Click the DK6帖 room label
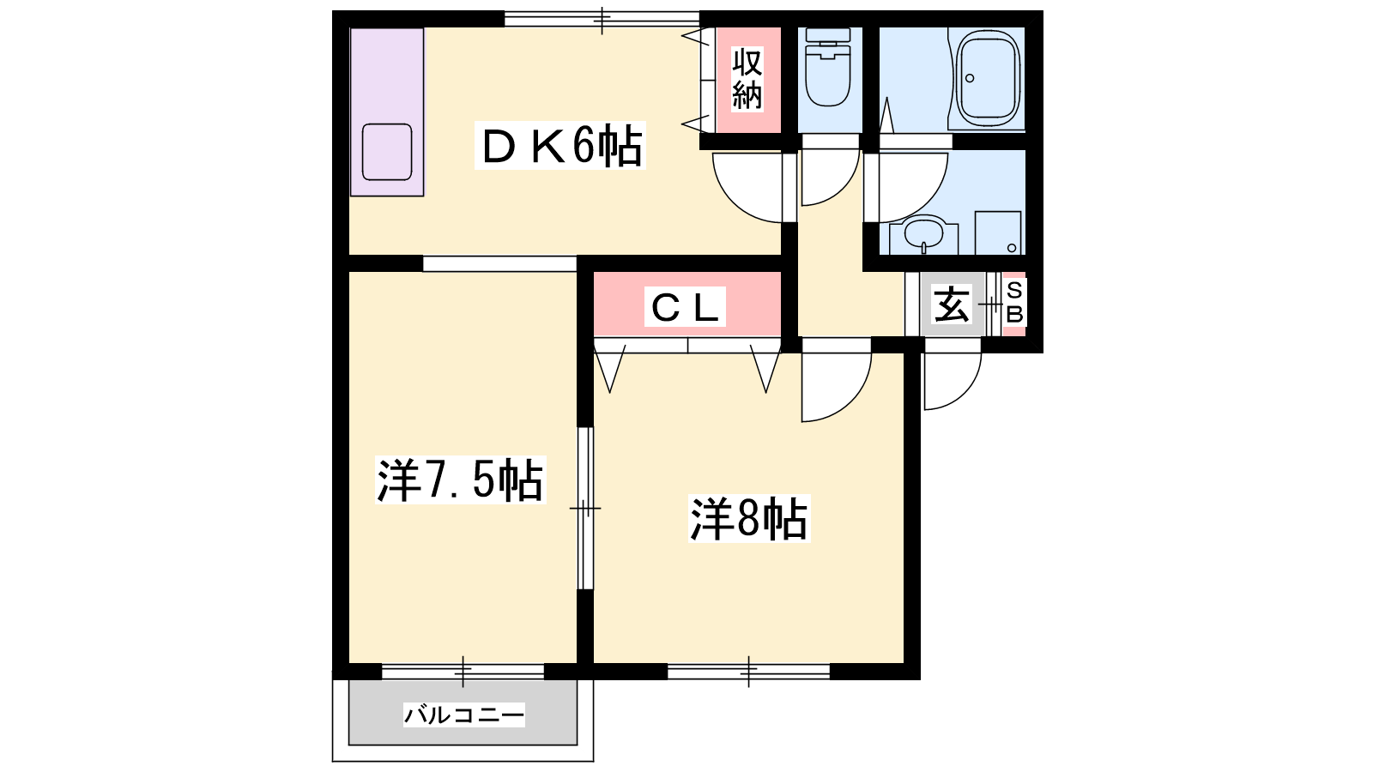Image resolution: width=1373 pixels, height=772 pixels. (x=560, y=145)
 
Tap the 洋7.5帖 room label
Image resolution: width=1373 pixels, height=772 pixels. (x=460, y=479)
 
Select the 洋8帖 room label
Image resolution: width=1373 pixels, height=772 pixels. (x=749, y=519)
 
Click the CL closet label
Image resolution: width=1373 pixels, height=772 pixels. (x=685, y=307)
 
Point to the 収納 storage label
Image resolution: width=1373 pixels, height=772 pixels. (x=747, y=79)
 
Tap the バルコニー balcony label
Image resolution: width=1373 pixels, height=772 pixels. (x=464, y=715)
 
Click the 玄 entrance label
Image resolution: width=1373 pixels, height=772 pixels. (x=952, y=304)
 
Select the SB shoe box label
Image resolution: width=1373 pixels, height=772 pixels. (x=1015, y=302)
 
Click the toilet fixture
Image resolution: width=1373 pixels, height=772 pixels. (x=827, y=68)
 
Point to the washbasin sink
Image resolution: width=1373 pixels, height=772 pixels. (x=923, y=233)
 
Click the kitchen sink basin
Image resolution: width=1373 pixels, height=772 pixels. (x=387, y=152)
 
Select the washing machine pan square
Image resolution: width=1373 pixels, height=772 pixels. (x=998, y=232)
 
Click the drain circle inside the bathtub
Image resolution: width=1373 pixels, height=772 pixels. (x=970, y=78)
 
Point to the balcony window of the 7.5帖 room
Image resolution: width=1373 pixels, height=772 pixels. (x=463, y=672)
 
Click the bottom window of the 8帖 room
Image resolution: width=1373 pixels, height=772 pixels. (x=748, y=672)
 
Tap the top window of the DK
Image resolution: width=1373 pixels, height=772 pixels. (x=602, y=19)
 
